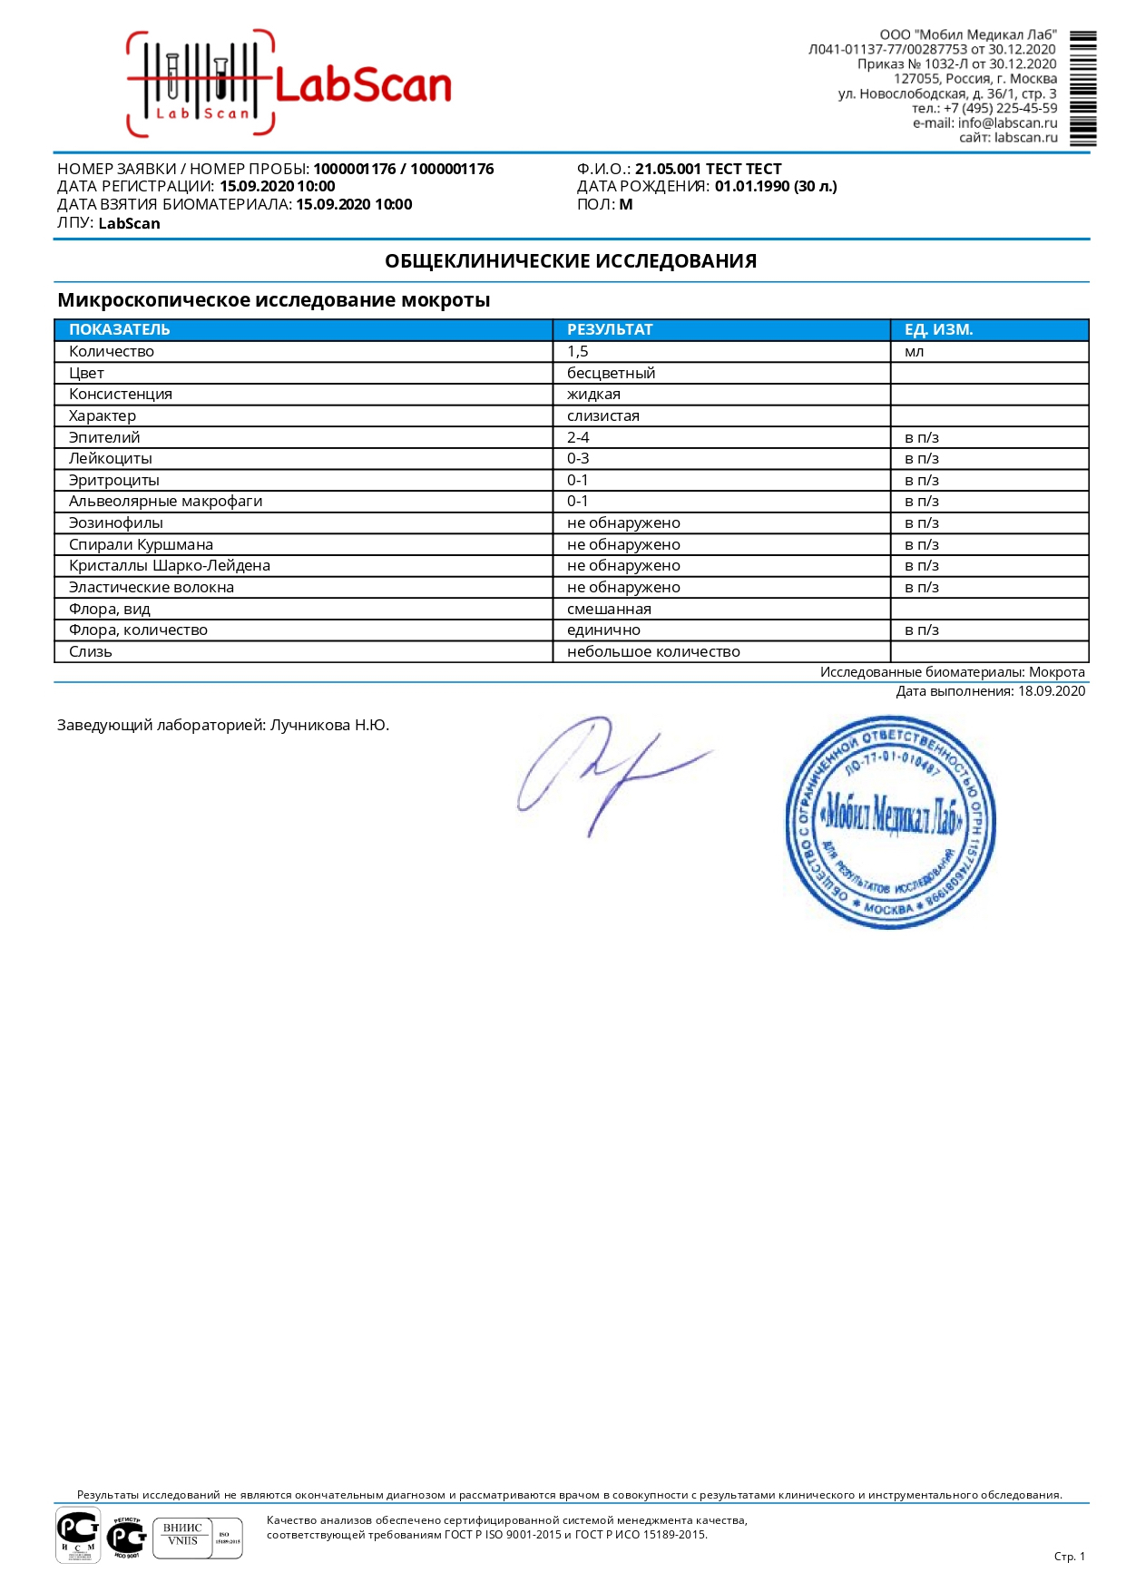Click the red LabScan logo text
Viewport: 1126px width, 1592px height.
click(x=362, y=86)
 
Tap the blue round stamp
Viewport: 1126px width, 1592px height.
click(x=890, y=822)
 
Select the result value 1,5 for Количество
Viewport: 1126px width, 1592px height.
click(x=578, y=351)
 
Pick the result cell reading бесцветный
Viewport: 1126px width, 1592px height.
click(x=611, y=373)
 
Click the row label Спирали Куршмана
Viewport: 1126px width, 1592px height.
click(x=141, y=544)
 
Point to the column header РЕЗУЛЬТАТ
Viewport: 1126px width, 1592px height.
click(x=610, y=329)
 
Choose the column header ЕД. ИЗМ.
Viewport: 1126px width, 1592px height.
click(x=938, y=329)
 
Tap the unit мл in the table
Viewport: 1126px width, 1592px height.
click(x=914, y=351)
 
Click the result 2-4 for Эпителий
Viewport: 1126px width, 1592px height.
click(x=578, y=437)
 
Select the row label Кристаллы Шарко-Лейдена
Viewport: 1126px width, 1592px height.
click(x=169, y=565)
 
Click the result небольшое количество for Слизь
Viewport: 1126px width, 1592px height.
click(x=653, y=651)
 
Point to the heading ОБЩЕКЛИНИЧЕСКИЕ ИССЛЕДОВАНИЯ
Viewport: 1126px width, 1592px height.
click(x=571, y=261)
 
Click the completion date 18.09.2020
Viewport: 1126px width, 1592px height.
click(x=1051, y=691)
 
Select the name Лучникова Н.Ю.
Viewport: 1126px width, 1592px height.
click(x=329, y=725)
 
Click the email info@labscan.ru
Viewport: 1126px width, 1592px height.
click(x=1007, y=122)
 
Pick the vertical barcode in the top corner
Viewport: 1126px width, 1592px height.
click(x=1082, y=88)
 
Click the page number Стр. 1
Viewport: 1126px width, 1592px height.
click(x=1069, y=1556)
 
